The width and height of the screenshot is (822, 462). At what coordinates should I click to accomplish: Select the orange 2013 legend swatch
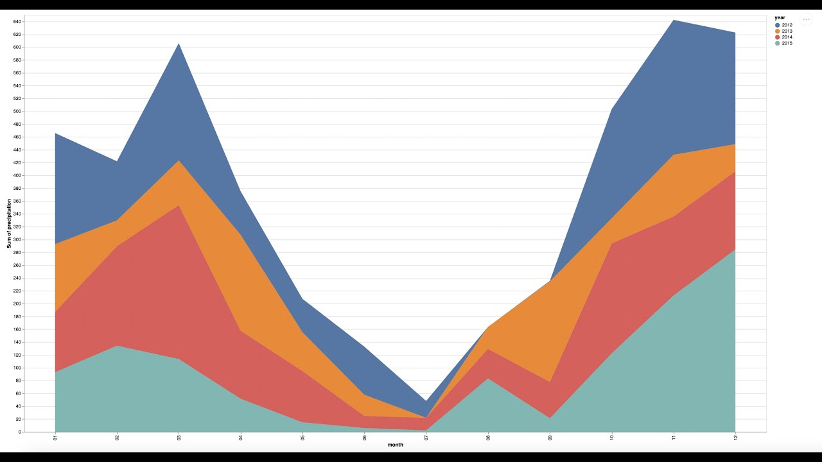click(x=778, y=31)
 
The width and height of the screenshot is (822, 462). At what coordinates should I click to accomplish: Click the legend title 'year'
click(x=780, y=17)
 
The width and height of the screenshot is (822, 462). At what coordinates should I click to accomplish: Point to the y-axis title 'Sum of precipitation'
click(x=10, y=223)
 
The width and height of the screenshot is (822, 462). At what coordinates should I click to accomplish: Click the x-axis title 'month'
click(x=396, y=445)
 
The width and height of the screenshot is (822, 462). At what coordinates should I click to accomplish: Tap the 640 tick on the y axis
click(x=17, y=21)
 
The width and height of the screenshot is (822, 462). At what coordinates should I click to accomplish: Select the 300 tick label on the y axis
click(x=17, y=239)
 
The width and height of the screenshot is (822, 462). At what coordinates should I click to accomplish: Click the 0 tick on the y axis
click(x=20, y=432)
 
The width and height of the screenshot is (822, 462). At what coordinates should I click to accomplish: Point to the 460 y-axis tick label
click(x=17, y=137)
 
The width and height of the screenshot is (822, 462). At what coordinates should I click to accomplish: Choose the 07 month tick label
click(x=426, y=438)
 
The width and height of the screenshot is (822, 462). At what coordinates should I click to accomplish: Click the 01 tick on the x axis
click(x=56, y=438)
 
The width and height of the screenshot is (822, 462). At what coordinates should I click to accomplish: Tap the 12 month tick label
click(x=735, y=438)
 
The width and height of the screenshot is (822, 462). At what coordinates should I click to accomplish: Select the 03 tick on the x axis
click(x=179, y=438)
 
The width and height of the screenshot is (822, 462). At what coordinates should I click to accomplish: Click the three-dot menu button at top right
click(x=806, y=19)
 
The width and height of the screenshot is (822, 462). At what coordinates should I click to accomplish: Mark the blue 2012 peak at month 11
click(x=673, y=20)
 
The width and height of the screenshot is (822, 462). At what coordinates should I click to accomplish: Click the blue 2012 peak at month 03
click(x=179, y=44)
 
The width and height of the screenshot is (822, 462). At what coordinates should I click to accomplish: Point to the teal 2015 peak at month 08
click(x=488, y=378)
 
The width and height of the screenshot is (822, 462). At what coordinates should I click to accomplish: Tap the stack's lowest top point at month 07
click(x=426, y=401)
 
